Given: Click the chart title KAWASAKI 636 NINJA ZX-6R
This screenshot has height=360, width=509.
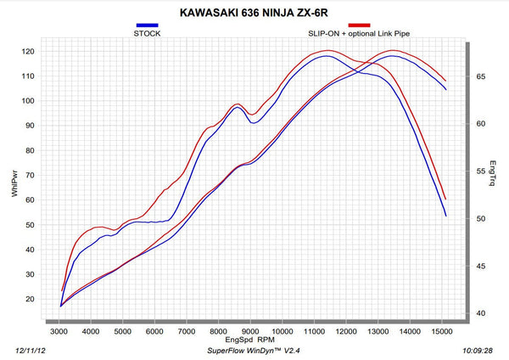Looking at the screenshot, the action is [254, 13].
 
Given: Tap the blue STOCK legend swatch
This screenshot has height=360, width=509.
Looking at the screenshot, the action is [147, 25].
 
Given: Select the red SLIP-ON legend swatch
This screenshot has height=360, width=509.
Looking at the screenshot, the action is [359, 25].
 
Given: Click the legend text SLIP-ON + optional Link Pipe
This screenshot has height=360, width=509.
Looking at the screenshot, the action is [359, 33].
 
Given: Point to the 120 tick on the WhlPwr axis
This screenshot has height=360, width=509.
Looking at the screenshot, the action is [28, 51].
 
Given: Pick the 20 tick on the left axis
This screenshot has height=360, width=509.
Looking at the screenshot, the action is [30, 299].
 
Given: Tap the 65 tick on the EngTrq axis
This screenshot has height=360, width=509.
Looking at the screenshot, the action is [480, 76].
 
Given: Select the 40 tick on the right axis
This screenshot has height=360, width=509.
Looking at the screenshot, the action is [480, 313].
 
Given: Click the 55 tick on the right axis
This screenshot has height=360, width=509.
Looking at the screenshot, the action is [480, 172].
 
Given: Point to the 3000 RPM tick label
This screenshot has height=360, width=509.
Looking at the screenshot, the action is [59, 331].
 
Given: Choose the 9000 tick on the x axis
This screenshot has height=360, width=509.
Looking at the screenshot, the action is [250, 331].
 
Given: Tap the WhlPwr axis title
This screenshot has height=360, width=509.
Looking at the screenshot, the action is [14, 184].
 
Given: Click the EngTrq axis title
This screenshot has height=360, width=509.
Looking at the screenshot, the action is [492, 173].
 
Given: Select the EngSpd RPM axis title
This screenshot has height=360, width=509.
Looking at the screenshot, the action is [250, 340].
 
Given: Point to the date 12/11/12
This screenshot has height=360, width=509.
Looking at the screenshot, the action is [31, 351].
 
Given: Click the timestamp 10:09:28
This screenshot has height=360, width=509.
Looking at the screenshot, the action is [478, 351].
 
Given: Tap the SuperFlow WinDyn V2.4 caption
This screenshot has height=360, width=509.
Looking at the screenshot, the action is [254, 351].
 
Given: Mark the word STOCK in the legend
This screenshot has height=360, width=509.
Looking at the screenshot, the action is [147, 33].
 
